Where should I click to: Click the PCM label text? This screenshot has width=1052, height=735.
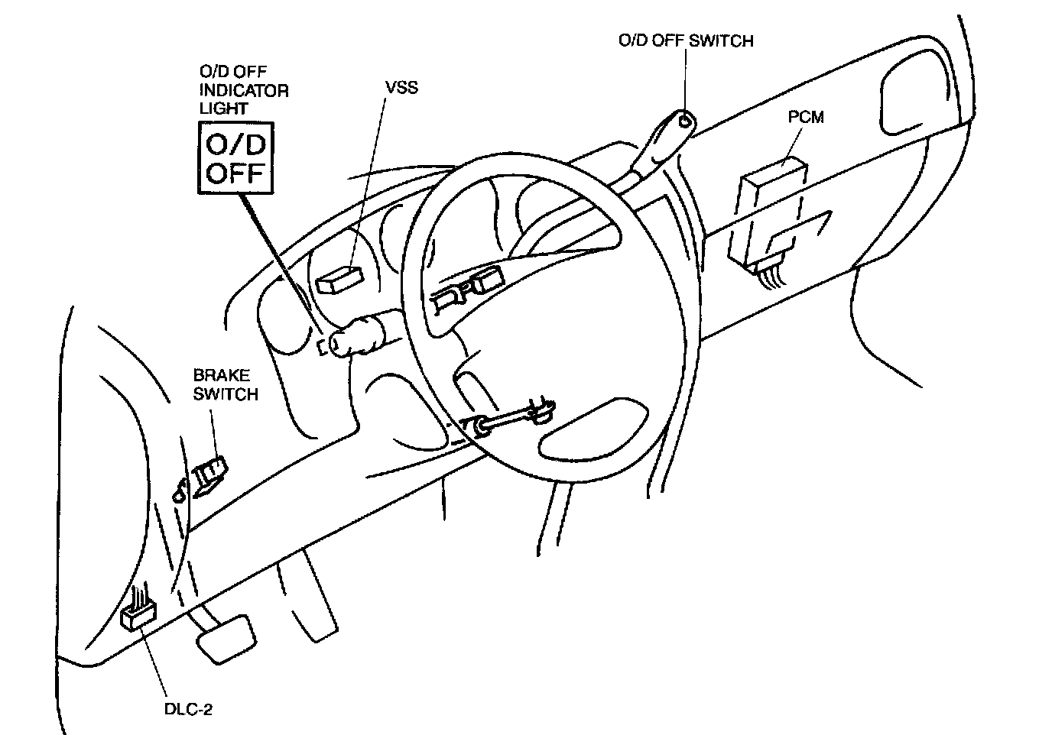807,118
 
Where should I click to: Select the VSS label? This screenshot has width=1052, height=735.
402,87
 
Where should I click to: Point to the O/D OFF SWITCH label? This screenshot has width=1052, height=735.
686,40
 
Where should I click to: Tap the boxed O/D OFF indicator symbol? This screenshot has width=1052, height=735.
235,157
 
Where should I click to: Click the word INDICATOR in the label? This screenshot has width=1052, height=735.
244,90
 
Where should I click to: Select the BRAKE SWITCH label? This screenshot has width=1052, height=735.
225,384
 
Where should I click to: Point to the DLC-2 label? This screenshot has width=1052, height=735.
188,708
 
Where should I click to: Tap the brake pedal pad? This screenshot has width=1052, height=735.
226,635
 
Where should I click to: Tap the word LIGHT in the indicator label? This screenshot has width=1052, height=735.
223,108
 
